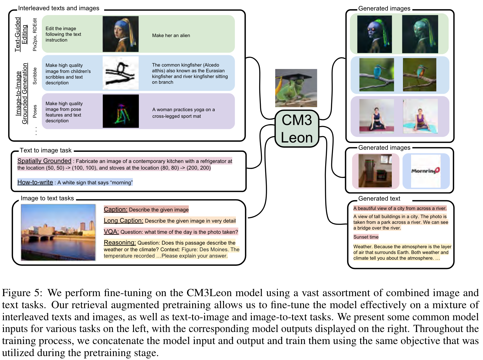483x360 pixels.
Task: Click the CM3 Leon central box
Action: coord(297,129)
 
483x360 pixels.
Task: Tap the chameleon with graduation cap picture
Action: coord(296,88)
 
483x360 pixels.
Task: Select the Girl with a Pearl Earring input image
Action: coord(120,34)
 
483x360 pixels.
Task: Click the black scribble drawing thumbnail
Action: coord(120,73)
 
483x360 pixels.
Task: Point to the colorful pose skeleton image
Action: coord(120,111)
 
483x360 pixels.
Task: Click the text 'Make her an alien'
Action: coord(171,36)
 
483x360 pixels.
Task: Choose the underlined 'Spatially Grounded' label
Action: coord(44,161)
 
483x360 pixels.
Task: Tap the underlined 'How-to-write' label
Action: coord(35,182)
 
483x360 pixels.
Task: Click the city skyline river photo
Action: coord(58,232)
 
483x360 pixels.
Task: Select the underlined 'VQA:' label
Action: coord(111,232)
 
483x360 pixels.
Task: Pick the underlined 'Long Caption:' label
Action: coord(123,221)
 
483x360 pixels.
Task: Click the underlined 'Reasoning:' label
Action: coord(120,243)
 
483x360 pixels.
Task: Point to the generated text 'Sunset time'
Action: coord(366,237)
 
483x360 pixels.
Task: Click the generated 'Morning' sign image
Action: coord(425,171)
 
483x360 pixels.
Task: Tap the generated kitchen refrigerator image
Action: coord(375,171)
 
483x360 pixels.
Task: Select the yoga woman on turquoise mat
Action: coord(420,116)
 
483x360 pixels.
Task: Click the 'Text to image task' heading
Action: coord(45,150)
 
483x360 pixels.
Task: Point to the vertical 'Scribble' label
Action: coord(35,76)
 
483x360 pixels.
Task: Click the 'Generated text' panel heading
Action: coord(379,199)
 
